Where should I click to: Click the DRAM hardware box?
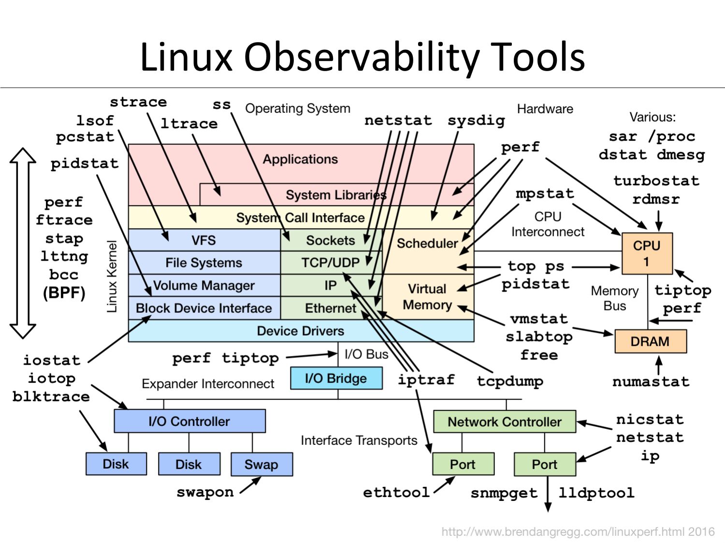[x=650, y=341]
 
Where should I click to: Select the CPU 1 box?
[x=647, y=253]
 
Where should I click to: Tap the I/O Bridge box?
[x=336, y=378]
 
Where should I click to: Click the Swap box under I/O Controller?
[x=261, y=464]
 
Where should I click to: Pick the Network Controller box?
[x=505, y=422]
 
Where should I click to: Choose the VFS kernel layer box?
[x=203, y=240]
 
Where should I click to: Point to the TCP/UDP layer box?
[x=331, y=263]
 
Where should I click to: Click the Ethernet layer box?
[x=331, y=308]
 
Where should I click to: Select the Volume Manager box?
[x=203, y=285]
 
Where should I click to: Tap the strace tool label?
[x=138, y=103]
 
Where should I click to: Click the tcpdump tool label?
[x=510, y=381]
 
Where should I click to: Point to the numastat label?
[x=651, y=382]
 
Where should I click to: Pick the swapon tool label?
[x=205, y=492]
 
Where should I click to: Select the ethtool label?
[x=396, y=492]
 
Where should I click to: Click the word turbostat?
[x=656, y=181]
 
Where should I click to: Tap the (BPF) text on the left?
[x=64, y=293]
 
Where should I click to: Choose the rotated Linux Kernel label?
[x=112, y=276]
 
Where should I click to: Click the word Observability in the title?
[x=362, y=57]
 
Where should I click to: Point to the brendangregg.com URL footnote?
[x=578, y=532]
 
